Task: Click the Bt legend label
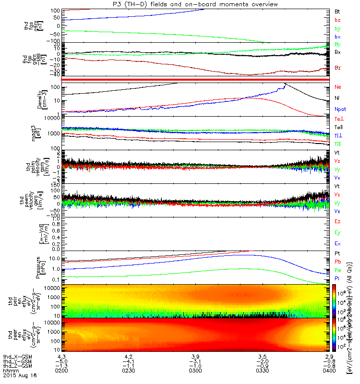[x=337, y=11]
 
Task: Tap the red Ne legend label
[x=338, y=87]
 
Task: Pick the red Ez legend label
[x=337, y=222]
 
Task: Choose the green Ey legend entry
[x=337, y=233]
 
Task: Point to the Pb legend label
[x=337, y=263]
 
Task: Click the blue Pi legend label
[x=337, y=278]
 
